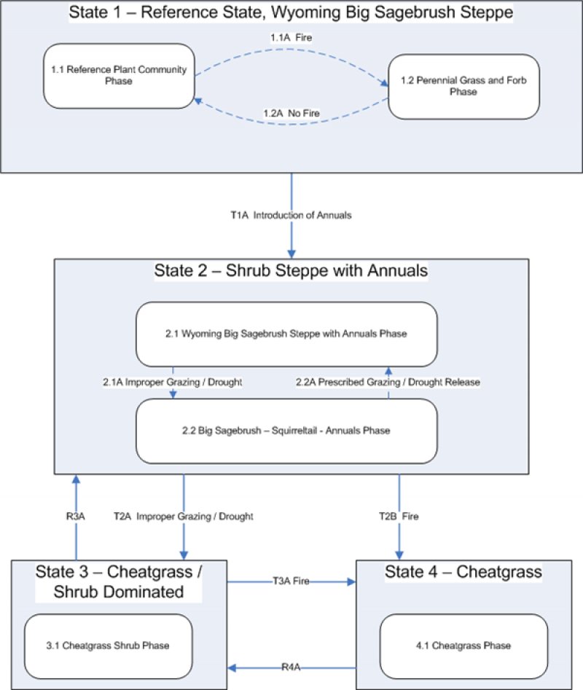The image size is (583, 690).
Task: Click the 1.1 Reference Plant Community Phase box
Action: [x=119, y=76]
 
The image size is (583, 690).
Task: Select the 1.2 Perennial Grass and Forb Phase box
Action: [x=463, y=87]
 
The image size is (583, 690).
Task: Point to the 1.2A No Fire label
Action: [x=291, y=113]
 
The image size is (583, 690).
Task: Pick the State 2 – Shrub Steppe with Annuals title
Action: [x=291, y=271]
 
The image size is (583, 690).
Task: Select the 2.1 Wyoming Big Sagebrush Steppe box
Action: [x=286, y=334]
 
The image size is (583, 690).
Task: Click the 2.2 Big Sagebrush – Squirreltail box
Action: [x=286, y=431]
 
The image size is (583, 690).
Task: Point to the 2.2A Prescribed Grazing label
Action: [x=388, y=382]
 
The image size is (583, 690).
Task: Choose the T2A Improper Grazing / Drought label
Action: [x=184, y=516]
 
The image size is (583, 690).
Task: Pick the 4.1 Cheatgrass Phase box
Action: [x=463, y=646]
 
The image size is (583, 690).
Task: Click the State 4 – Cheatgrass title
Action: [x=463, y=572]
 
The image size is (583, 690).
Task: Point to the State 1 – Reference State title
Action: [x=291, y=12]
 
